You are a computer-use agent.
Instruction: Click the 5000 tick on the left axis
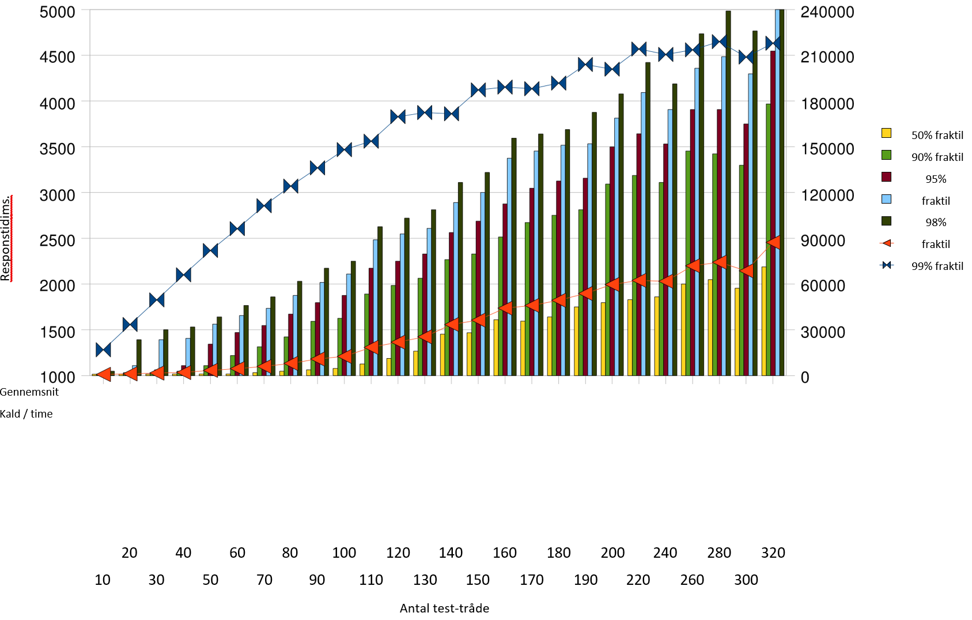pyautogui.click(x=57, y=12)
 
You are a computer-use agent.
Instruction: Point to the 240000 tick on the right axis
pyautogui.click(x=827, y=12)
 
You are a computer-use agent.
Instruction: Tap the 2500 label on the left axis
pyautogui.click(x=57, y=241)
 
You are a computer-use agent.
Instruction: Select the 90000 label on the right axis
pyautogui.click(x=823, y=241)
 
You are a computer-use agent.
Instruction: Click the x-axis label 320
pyautogui.click(x=773, y=553)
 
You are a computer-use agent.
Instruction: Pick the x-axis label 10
pyautogui.click(x=103, y=580)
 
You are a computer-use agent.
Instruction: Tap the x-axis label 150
pyautogui.click(x=478, y=580)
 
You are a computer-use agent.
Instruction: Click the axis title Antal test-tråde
pyautogui.click(x=444, y=608)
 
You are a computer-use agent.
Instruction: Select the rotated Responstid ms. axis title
pyautogui.click(x=6, y=238)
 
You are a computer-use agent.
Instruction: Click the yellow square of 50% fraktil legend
pyautogui.click(x=886, y=133)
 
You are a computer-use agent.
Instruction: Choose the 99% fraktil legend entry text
pyautogui.click(x=937, y=266)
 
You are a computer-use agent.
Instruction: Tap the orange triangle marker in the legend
pyautogui.click(x=887, y=243)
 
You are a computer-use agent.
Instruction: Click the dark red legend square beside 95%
pyautogui.click(x=886, y=177)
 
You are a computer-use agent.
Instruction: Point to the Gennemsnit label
pyautogui.click(x=29, y=392)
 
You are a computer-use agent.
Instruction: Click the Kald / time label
pyautogui.click(x=27, y=414)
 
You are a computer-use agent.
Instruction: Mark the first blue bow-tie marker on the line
pyautogui.click(x=103, y=350)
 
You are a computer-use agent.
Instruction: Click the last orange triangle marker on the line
pyautogui.click(x=773, y=242)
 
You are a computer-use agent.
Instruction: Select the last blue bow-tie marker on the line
pyautogui.click(x=773, y=43)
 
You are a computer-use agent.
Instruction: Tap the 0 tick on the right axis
pyautogui.click(x=805, y=377)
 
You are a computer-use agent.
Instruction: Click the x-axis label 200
pyautogui.click(x=612, y=553)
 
